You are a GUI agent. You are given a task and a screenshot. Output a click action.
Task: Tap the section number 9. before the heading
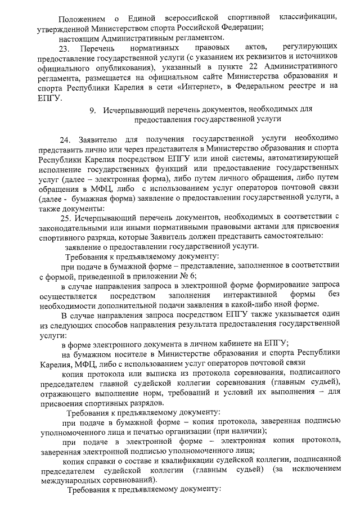[x=93, y=108]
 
